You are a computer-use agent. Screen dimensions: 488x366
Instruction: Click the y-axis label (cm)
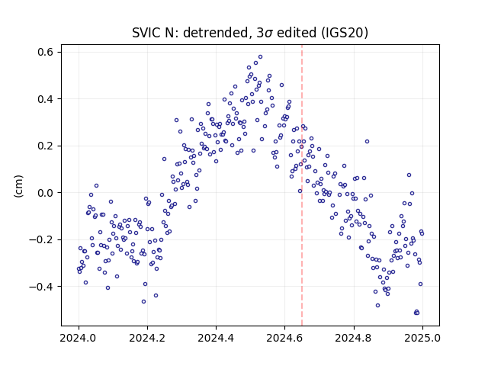(18, 186)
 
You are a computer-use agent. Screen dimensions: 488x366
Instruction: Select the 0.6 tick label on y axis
(45, 52)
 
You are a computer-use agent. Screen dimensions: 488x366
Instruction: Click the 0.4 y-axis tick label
(45, 99)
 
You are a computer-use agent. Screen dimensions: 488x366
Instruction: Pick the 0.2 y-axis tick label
(45, 146)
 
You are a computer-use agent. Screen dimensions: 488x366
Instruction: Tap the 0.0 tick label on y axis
(45, 193)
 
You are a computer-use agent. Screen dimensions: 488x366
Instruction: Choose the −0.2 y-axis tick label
(41, 239)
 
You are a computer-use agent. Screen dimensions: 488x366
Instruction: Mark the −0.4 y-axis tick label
(41, 287)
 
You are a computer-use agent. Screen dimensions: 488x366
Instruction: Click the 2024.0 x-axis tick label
(79, 338)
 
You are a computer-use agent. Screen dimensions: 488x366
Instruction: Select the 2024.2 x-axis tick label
(147, 338)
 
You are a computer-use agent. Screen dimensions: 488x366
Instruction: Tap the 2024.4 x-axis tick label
(216, 338)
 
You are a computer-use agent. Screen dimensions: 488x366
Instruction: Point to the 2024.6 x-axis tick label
(284, 338)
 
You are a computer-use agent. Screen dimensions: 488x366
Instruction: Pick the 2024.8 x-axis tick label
(354, 338)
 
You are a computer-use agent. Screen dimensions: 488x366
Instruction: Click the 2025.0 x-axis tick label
(422, 338)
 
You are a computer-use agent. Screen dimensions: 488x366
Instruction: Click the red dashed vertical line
(302, 185)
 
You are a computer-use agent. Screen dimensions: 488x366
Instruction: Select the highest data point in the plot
(261, 57)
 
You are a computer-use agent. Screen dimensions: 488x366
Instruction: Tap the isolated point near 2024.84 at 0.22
(368, 142)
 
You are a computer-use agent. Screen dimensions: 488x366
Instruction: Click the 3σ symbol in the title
(265, 33)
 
